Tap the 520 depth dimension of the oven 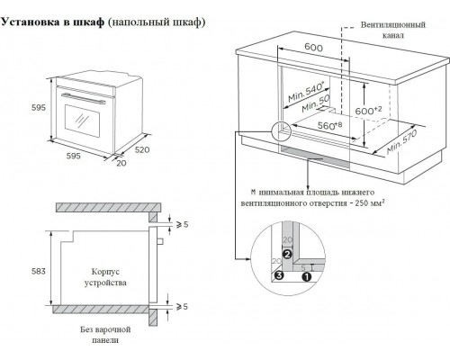point(142,149)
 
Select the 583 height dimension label point(39,271)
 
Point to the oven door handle point(83,98)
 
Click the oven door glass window point(82,121)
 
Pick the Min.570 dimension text point(402,142)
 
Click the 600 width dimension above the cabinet point(313,47)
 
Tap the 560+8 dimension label point(329,125)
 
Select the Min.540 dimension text point(306,92)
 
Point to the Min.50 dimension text point(316,103)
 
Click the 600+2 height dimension point(368,111)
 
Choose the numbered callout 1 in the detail point(307,277)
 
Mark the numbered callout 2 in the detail point(287,255)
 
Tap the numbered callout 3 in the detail point(279,275)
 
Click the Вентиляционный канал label point(393,30)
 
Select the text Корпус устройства point(105,277)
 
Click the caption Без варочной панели point(105,335)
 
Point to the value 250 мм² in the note point(370,202)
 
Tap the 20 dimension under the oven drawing point(121,163)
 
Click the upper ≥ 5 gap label point(182,224)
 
